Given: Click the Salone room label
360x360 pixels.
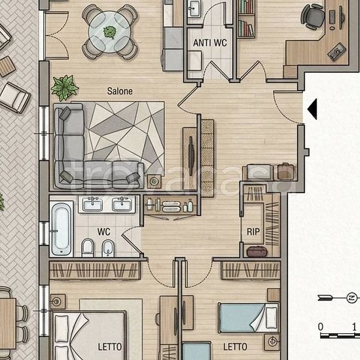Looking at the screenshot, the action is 120,91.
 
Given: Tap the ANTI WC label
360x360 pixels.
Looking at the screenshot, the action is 210,43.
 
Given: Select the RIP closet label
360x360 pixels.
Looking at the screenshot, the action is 253,232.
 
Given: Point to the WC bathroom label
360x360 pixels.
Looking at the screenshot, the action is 103,232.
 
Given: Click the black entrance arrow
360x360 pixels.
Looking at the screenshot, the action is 312,109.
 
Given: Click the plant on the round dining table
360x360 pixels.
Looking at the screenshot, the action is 109,32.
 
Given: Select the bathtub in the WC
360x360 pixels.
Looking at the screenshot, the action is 61,229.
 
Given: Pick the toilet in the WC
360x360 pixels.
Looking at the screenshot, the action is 88,248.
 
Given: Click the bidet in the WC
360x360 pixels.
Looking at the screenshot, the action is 108,248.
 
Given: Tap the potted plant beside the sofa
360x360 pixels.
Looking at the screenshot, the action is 65,88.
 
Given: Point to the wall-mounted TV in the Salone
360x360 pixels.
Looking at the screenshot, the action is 190,153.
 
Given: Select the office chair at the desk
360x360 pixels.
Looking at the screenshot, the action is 312,17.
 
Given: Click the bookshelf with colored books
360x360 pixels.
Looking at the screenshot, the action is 246,19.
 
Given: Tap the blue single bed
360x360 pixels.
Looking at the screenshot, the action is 249,317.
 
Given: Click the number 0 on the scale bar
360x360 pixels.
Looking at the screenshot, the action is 321,327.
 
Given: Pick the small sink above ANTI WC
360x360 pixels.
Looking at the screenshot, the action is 194,9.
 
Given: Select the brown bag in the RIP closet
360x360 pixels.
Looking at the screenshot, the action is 257,251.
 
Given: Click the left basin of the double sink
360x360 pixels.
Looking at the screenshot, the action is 92,204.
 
